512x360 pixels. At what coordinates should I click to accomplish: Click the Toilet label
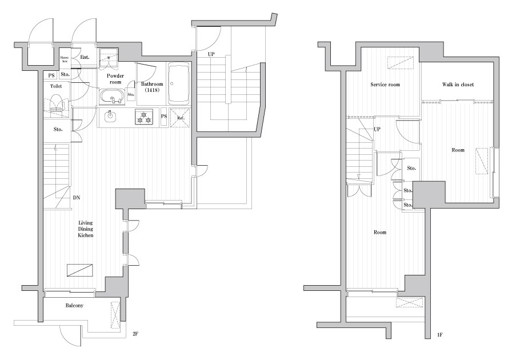56,86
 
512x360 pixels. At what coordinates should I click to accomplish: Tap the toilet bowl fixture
56,103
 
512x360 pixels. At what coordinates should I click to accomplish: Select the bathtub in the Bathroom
179,83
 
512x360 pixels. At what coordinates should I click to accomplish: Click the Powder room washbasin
112,97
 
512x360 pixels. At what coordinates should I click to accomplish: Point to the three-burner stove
145,117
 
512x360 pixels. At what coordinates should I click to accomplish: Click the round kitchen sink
110,115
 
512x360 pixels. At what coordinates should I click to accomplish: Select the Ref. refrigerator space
180,118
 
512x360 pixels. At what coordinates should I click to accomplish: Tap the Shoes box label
64,59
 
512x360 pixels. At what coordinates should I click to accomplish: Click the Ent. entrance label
85,57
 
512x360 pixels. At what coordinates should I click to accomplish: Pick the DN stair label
77,198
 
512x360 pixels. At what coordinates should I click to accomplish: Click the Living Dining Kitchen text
86,229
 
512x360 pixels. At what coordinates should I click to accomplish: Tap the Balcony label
74,306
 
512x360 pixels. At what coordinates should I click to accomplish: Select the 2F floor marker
136,334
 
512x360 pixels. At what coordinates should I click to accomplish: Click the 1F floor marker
440,334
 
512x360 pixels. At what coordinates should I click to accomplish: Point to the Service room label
385,84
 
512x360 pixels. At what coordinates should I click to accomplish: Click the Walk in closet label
458,84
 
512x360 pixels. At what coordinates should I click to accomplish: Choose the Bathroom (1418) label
152,87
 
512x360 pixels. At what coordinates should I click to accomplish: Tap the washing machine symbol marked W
109,57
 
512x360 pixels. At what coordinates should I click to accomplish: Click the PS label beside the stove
164,117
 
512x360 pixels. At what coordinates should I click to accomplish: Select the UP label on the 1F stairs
377,129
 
